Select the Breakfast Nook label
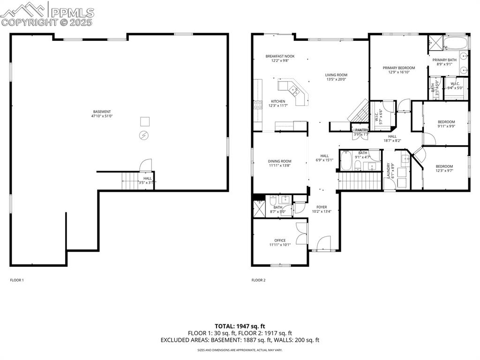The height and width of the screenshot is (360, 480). (280, 56)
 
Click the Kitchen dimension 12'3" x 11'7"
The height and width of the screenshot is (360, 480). (277, 106)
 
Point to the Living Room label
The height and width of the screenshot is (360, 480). (336, 75)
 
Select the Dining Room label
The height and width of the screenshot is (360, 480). (279, 161)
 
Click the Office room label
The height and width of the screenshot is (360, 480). (280, 240)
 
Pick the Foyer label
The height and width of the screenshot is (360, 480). (322, 207)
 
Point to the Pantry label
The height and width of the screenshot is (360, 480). (361, 130)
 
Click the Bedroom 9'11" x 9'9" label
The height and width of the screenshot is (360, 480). (446, 122)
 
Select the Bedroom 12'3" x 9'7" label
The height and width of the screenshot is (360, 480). (444, 166)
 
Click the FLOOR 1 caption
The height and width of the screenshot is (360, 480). (17, 280)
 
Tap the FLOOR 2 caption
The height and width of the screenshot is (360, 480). (258, 280)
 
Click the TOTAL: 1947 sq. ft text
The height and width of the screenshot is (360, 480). (240, 326)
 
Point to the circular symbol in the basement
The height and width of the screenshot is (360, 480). (143, 135)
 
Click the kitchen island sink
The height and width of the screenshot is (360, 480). (294, 91)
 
